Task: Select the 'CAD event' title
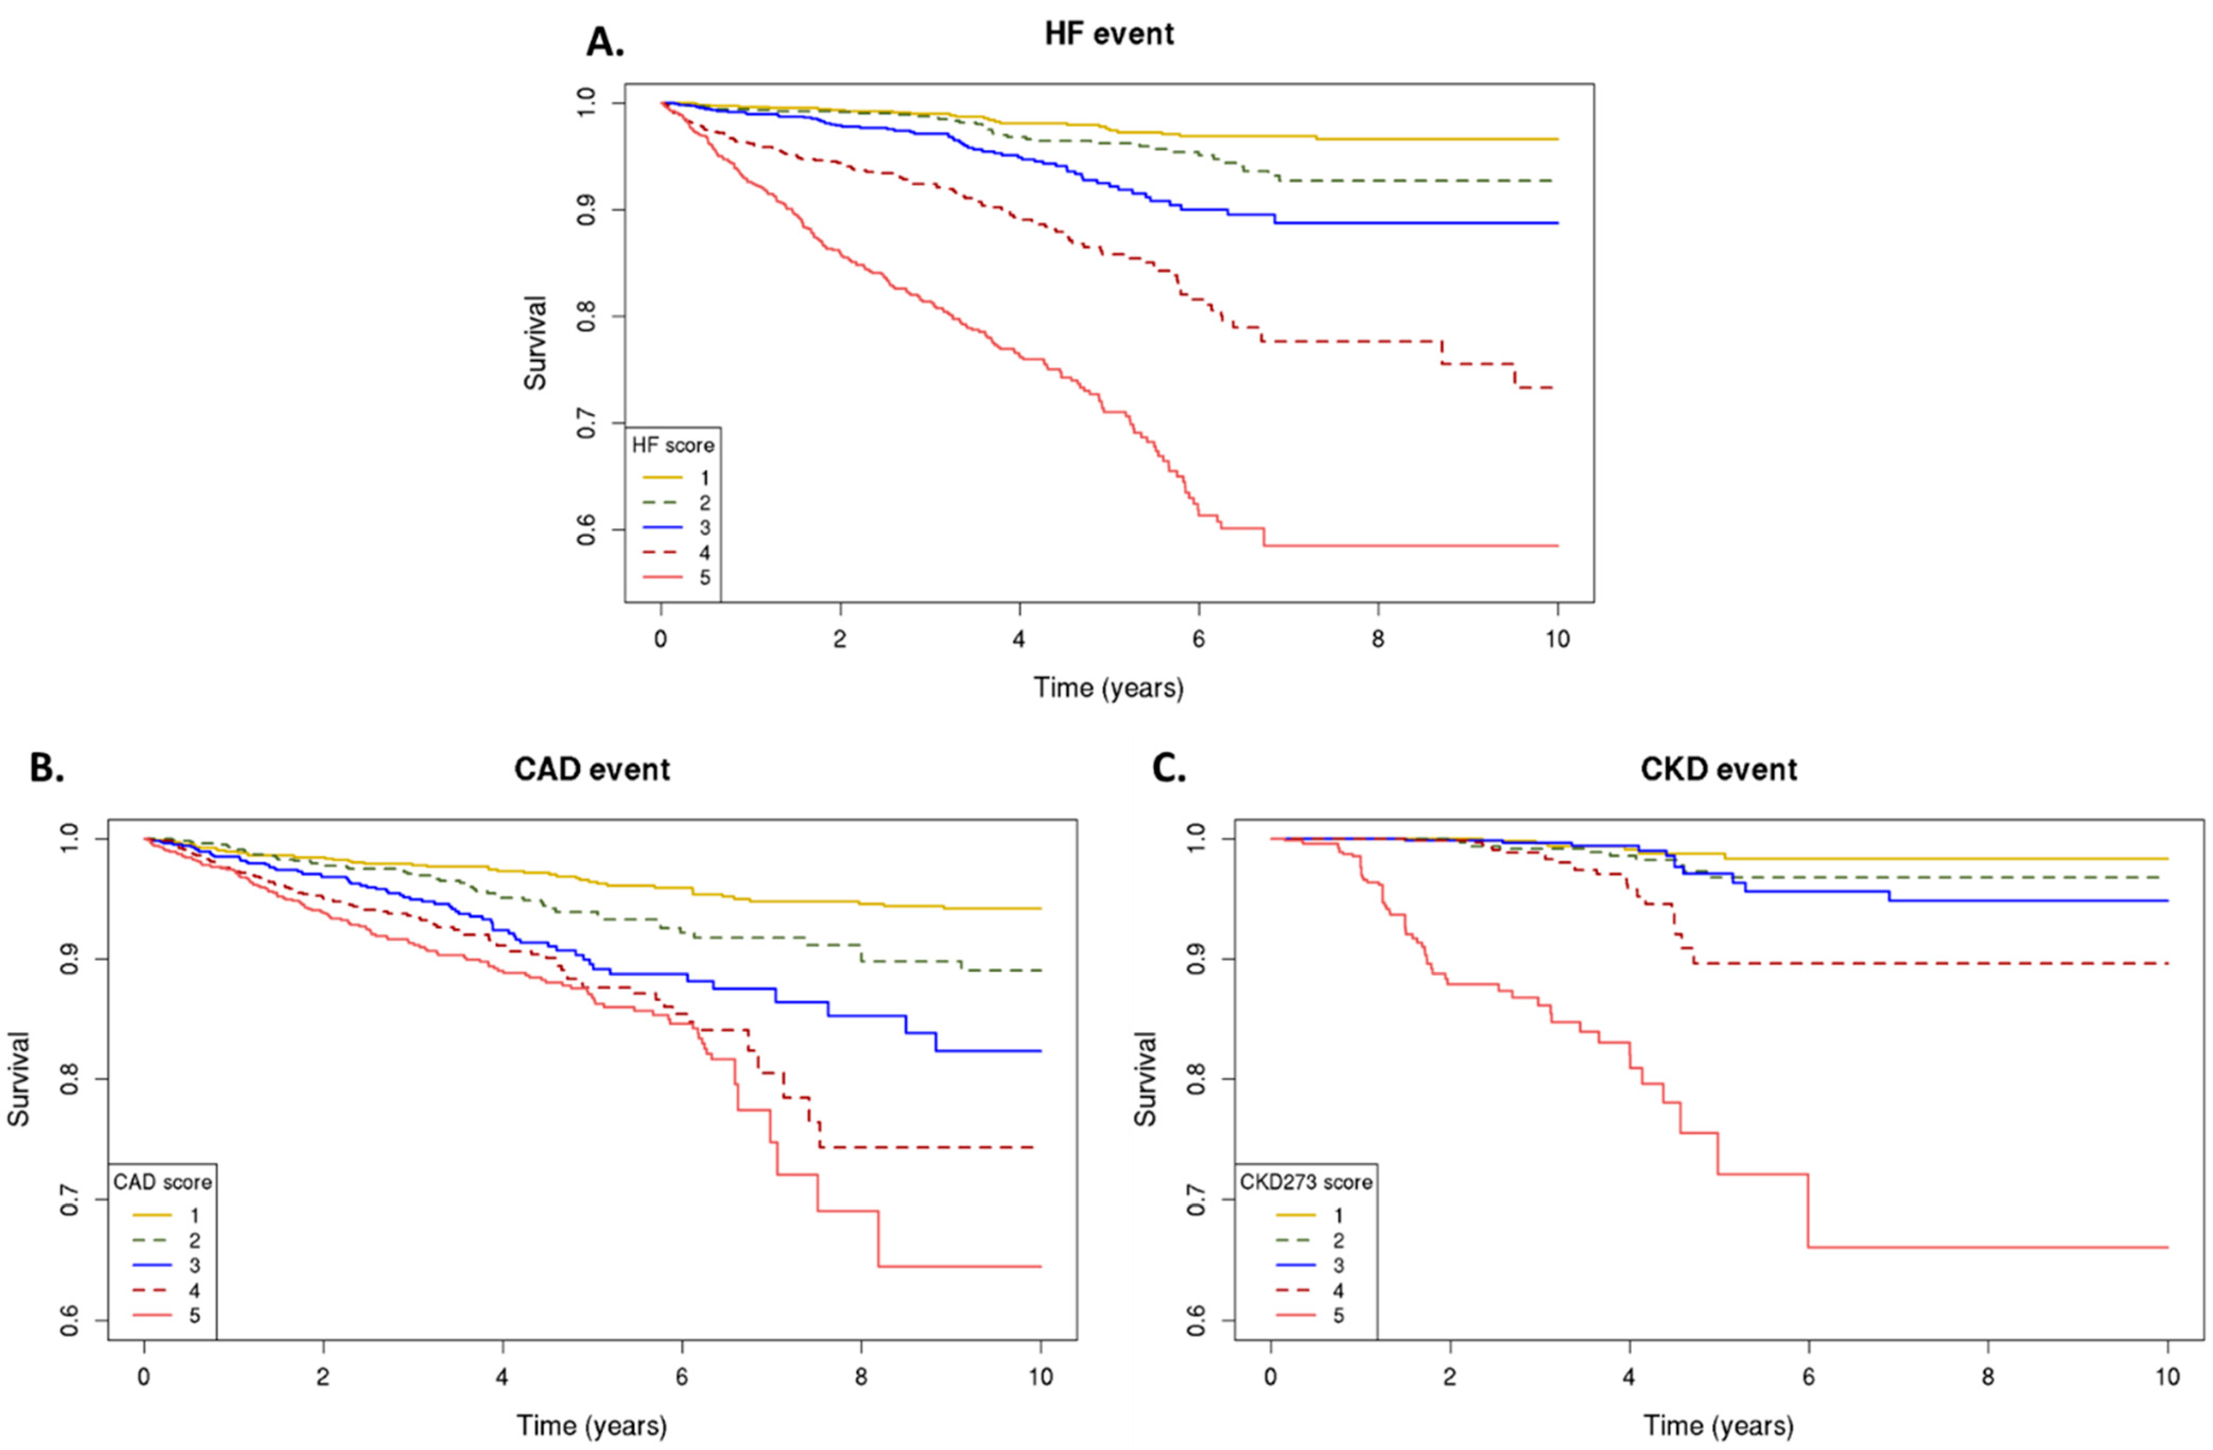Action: point(592,770)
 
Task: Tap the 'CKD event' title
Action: point(1718,770)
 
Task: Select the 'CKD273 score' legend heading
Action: point(1306,1182)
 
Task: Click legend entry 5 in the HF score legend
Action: point(704,578)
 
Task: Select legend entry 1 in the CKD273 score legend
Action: point(1338,1215)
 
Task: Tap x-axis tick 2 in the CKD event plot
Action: point(1449,1377)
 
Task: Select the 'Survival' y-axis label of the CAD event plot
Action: point(19,1079)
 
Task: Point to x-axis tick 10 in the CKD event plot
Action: point(2167,1377)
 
